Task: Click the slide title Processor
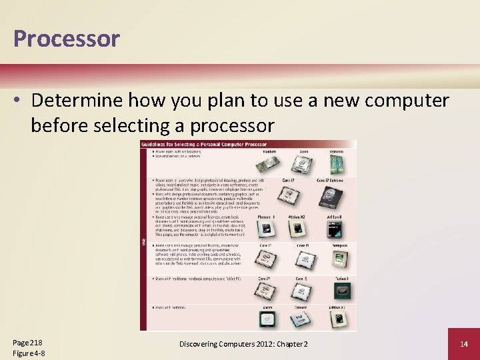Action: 66,39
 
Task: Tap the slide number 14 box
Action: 465,343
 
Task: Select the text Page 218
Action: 27,341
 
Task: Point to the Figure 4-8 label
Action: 29,353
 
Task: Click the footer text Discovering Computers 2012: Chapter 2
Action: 244,343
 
